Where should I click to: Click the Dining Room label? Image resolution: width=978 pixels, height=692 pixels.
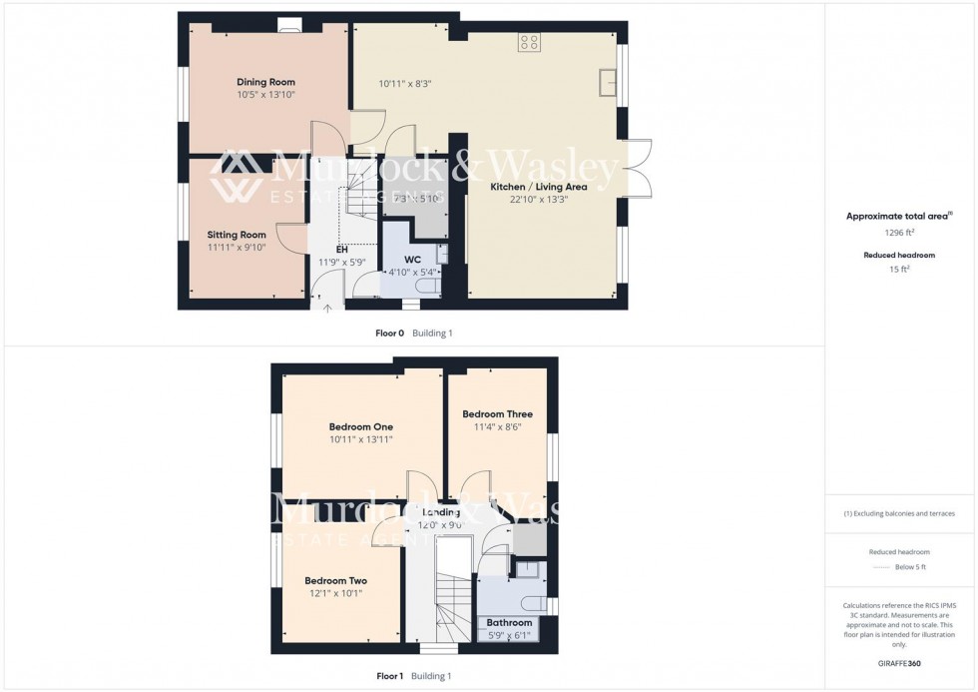(265, 82)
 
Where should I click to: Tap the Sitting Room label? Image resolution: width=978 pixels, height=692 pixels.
(237, 235)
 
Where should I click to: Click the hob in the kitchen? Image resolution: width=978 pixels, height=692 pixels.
(529, 43)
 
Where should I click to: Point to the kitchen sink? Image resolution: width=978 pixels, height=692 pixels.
(606, 82)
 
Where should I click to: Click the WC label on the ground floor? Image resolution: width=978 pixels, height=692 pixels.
(413, 259)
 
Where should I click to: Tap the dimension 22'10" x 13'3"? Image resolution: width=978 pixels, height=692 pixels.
(539, 200)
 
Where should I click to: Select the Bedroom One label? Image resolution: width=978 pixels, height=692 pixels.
(361, 426)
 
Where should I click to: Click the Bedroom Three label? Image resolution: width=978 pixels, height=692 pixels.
(497, 413)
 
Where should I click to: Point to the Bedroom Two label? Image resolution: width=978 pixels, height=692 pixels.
(335, 581)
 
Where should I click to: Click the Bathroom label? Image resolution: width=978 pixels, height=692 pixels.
(509, 623)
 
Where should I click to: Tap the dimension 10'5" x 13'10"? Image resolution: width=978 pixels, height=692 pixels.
(265, 95)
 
